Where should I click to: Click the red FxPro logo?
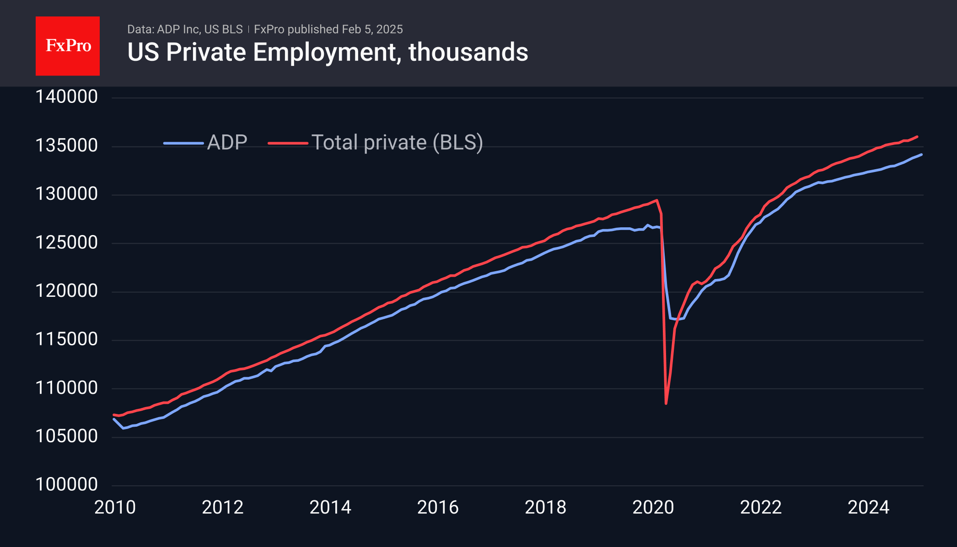click(x=68, y=46)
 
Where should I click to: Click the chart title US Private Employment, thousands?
click(x=328, y=52)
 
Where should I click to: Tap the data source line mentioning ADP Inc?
click(x=185, y=29)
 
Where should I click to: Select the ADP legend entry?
click(x=206, y=143)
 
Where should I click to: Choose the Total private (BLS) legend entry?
click(x=375, y=143)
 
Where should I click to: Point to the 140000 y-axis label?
click(x=67, y=97)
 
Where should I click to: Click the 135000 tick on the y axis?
click(x=67, y=145)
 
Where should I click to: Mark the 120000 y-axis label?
click(x=67, y=291)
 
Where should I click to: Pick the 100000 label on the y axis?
click(x=67, y=484)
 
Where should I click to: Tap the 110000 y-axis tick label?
click(x=67, y=388)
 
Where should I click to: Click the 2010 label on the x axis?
click(x=115, y=507)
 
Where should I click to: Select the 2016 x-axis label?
click(x=438, y=507)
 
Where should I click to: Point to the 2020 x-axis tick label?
click(x=653, y=507)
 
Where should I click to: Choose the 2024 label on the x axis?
click(x=868, y=507)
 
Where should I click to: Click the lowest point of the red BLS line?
click(x=666, y=403)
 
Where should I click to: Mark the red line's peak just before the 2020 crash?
click(x=657, y=200)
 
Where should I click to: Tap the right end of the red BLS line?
click(x=917, y=137)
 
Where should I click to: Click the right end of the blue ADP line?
click(x=921, y=155)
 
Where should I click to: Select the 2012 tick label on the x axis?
click(x=223, y=507)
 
